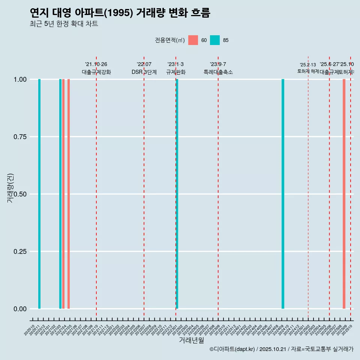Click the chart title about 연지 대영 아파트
[x=120, y=13]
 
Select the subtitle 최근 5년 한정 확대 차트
[x=64, y=24]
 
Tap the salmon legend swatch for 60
[x=193, y=40]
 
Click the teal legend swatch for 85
[x=215, y=40]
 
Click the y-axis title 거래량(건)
[x=10, y=188]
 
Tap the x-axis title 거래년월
[x=191, y=340]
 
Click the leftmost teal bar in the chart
[x=39, y=194]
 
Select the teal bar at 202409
[x=283, y=194]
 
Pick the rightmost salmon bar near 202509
[x=344, y=194]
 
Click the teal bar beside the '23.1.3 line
[x=177, y=194]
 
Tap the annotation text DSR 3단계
[x=144, y=72]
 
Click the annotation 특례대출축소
[x=218, y=72]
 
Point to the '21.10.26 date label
[x=96, y=64]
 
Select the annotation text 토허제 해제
[x=308, y=71]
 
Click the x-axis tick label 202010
[x=29, y=330]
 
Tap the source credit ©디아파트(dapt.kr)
[x=232, y=349]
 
